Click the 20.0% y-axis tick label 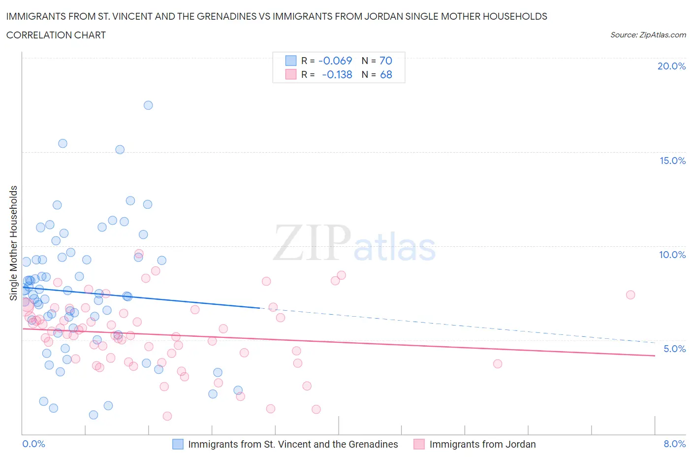coord(671,66)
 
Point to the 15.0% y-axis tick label coord(672,161)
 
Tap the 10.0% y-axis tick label coord(672,255)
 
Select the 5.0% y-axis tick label coord(674,349)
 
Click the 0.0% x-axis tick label coord(33,444)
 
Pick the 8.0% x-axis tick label coord(674,444)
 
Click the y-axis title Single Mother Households coord(14,243)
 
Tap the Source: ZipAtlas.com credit coord(648,34)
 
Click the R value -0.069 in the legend coord(335,61)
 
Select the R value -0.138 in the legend coord(337,74)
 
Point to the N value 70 coord(385,61)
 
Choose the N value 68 coord(386,74)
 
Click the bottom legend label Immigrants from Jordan coord(482,444)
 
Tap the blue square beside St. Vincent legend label coord(178,444)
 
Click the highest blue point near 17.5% coord(148,105)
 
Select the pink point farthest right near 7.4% coord(630,295)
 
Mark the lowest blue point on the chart coord(94,415)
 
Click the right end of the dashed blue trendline coord(655,342)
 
